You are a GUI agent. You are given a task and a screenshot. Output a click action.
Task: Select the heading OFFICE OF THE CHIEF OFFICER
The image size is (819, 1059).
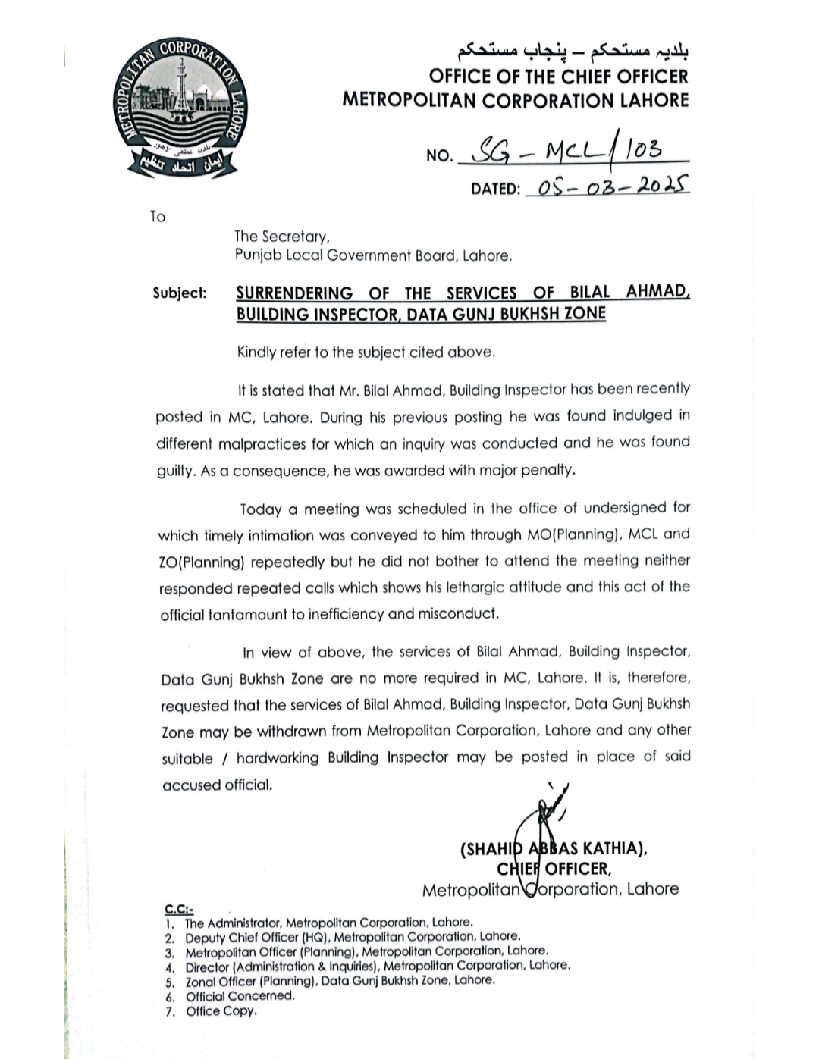[558, 77]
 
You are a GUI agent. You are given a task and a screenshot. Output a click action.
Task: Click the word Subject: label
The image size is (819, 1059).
[179, 293]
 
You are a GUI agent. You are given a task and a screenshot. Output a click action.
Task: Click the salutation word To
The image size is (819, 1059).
[157, 217]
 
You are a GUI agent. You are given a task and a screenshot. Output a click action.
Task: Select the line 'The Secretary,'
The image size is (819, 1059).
[281, 236]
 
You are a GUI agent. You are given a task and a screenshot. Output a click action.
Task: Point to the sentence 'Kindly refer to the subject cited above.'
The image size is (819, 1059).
[366, 352]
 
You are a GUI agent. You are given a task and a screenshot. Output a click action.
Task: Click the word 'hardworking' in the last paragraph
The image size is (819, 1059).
[278, 757]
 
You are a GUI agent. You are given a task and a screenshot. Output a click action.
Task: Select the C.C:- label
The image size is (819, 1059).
[179, 908]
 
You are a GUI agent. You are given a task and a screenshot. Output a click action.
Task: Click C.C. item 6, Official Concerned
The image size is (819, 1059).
[240, 996]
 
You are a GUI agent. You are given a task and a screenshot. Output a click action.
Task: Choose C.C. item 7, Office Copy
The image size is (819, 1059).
[221, 1010]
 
